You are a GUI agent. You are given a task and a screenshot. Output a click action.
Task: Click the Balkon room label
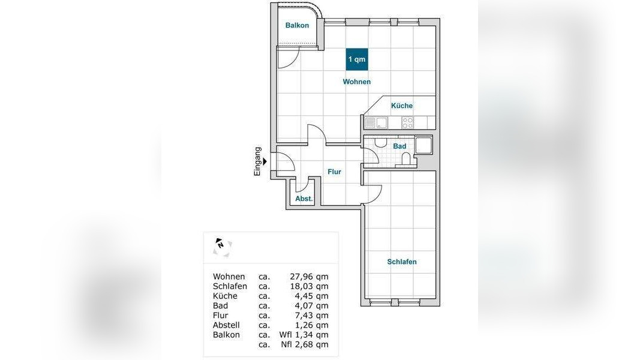(297, 25)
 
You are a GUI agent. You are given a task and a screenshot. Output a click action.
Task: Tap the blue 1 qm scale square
(357, 59)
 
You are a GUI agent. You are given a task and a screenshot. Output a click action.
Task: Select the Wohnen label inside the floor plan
(357, 82)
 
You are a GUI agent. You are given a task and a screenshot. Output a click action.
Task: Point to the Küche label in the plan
(402, 106)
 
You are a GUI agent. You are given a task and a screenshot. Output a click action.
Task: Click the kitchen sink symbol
(376, 122)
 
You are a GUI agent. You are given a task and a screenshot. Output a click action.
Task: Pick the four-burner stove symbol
(408, 122)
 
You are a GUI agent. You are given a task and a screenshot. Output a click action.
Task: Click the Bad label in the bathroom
(399, 146)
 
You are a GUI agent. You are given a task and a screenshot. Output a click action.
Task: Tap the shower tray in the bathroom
(423, 145)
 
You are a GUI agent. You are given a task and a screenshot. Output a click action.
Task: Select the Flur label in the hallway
(334, 172)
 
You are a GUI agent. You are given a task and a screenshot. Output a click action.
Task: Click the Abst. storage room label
(304, 199)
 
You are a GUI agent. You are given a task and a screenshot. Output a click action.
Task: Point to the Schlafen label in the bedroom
(402, 262)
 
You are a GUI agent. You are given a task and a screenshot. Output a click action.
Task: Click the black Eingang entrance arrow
(265, 161)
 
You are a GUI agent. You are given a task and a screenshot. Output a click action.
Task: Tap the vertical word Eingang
(257, 161)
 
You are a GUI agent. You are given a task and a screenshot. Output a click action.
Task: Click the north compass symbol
(223, 247)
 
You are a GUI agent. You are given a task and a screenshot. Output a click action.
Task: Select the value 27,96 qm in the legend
(309, 277)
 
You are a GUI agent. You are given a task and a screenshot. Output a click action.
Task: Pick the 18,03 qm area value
(309, 287)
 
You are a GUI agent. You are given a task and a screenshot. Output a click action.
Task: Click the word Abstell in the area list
(226, 325)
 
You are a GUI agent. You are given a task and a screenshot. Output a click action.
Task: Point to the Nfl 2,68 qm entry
(305, 344)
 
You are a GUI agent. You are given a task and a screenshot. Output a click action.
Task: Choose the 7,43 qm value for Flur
(311, 316)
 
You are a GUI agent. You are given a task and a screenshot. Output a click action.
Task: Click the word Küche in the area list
(225, 296)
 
